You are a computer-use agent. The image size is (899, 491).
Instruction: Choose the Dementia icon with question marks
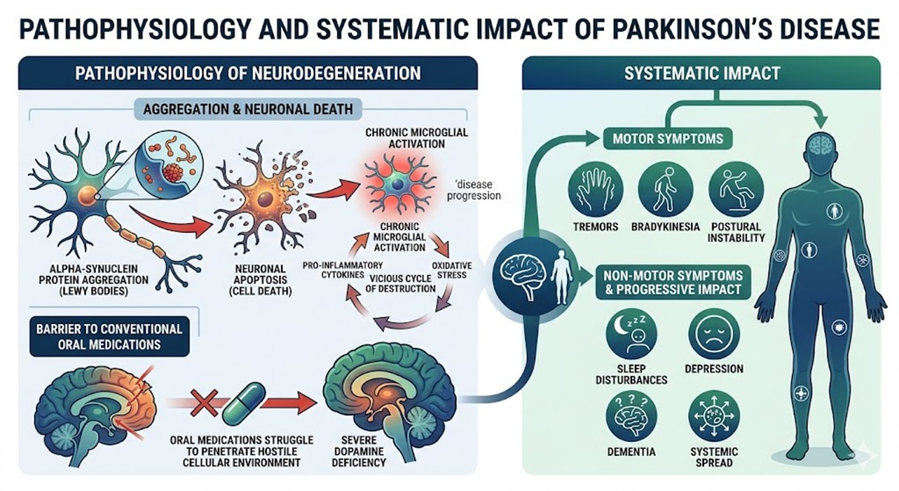click(x=631, y=416)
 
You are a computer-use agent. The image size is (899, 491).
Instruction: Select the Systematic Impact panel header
click(x=701, y=73)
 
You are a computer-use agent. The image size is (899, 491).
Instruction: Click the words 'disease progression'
click(x=480, y=191)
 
